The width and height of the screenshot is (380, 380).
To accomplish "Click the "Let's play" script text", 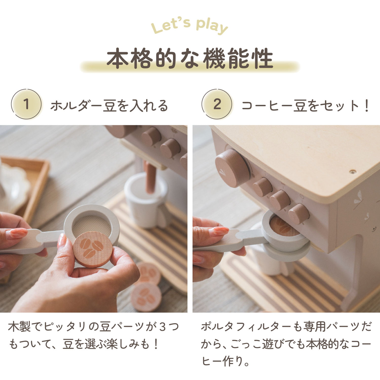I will click(x=189, y=26).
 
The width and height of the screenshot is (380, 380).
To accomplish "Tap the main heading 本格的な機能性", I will click(x=190, y=59).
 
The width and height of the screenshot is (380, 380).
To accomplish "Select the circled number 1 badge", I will click(x=26, y=104).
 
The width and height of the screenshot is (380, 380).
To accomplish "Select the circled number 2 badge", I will click(x=217, y=104).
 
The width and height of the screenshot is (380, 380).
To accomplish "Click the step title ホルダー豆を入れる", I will click(x=109, y=106).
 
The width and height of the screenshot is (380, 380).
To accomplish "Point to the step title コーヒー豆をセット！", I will click(x=305, y=106).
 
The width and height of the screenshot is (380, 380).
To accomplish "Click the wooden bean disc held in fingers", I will click(x=92, y=249).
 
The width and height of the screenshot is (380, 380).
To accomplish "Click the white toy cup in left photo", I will click(x=144, y=203).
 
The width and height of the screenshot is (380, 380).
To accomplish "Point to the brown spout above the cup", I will click(x=150, y=177).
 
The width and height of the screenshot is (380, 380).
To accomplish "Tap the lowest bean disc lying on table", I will click(x=146, y=297).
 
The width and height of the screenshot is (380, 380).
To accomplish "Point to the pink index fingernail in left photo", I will click(x=17, y=233).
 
